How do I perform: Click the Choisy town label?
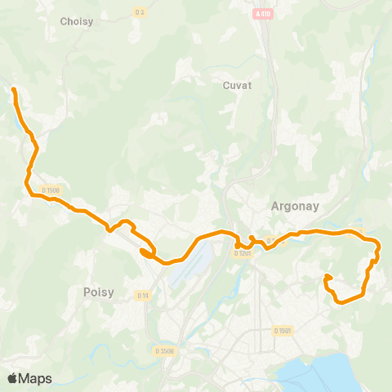[76, 21]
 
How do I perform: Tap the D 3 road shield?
[139, 11]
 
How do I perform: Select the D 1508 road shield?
[51, 190]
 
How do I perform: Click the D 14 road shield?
[143, 295]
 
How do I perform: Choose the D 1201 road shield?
[242, 253]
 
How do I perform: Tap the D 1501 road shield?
[282, 330]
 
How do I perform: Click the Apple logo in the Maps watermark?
[13, 378]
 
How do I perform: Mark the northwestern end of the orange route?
[13, 87]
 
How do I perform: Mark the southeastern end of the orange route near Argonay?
[327, 276]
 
